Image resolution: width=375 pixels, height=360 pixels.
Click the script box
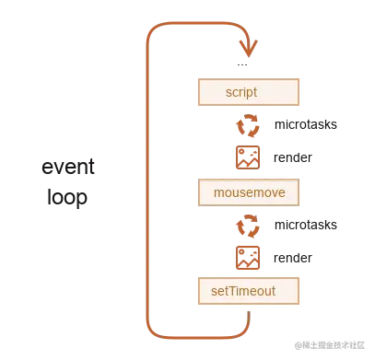(248, 93)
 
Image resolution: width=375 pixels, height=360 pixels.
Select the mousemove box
(248, 192)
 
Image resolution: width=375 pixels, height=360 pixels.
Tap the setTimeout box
(248, 291)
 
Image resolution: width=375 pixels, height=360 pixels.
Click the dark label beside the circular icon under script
(305, 126)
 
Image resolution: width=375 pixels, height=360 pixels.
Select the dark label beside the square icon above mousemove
(295, 157)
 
